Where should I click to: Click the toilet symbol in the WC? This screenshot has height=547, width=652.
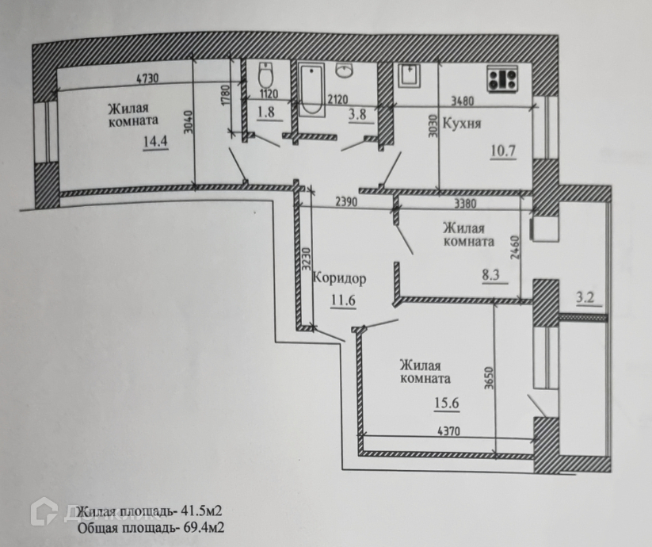coord(266,77)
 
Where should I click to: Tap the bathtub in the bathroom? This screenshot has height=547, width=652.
coord(311,85)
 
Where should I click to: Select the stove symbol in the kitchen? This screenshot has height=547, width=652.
coord(501,80)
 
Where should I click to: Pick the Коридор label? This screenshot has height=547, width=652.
coord(340,278)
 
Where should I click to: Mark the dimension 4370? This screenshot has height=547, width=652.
coord(449,432)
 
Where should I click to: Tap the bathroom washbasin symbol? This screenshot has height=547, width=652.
coord(345,71)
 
